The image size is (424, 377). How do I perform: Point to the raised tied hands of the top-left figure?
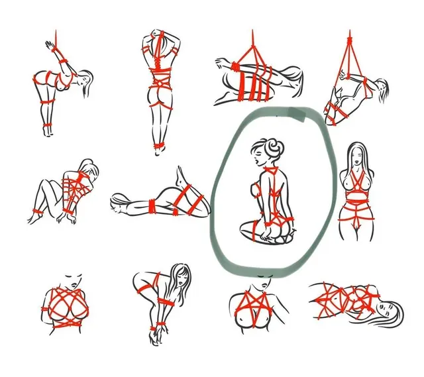50,46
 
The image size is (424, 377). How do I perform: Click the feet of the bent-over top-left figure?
48,133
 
